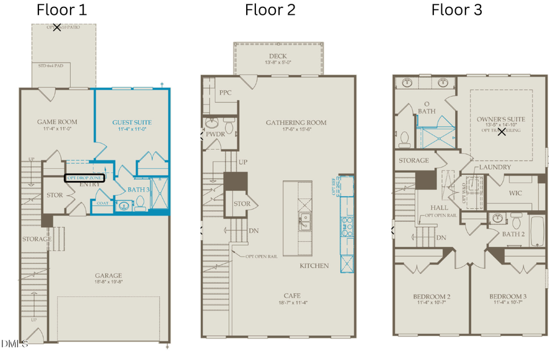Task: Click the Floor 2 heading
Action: pyautogui.click(x=270, y=9)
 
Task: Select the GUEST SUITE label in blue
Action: pyautogui.click(x=131, y=122)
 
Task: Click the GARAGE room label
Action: pyautogui.click(x=108, y=276)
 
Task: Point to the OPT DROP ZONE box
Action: pyautogui.click(x=86, y=178)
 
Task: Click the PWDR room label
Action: pyautogui.click(x=215, y=134)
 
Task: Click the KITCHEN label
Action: pyautogui.click(x=314, y=265)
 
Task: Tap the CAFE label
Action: pyautogui.click(x=278, y=296)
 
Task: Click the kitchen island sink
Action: pyautogui.click(x=304, y=218)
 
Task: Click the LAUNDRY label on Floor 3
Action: pyautogui.click(x=495, y=167)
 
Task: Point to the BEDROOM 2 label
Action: pyautogui.click(x=432, y=297)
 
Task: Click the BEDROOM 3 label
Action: pyautogui.click(x=507, y=297)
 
